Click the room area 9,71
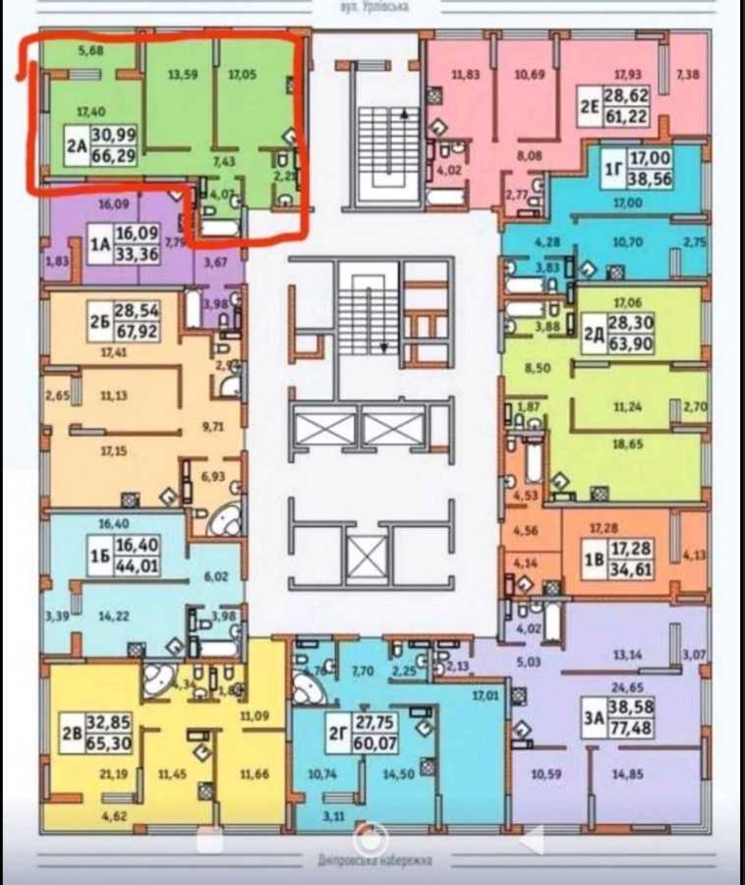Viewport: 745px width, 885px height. tap(213, 428)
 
